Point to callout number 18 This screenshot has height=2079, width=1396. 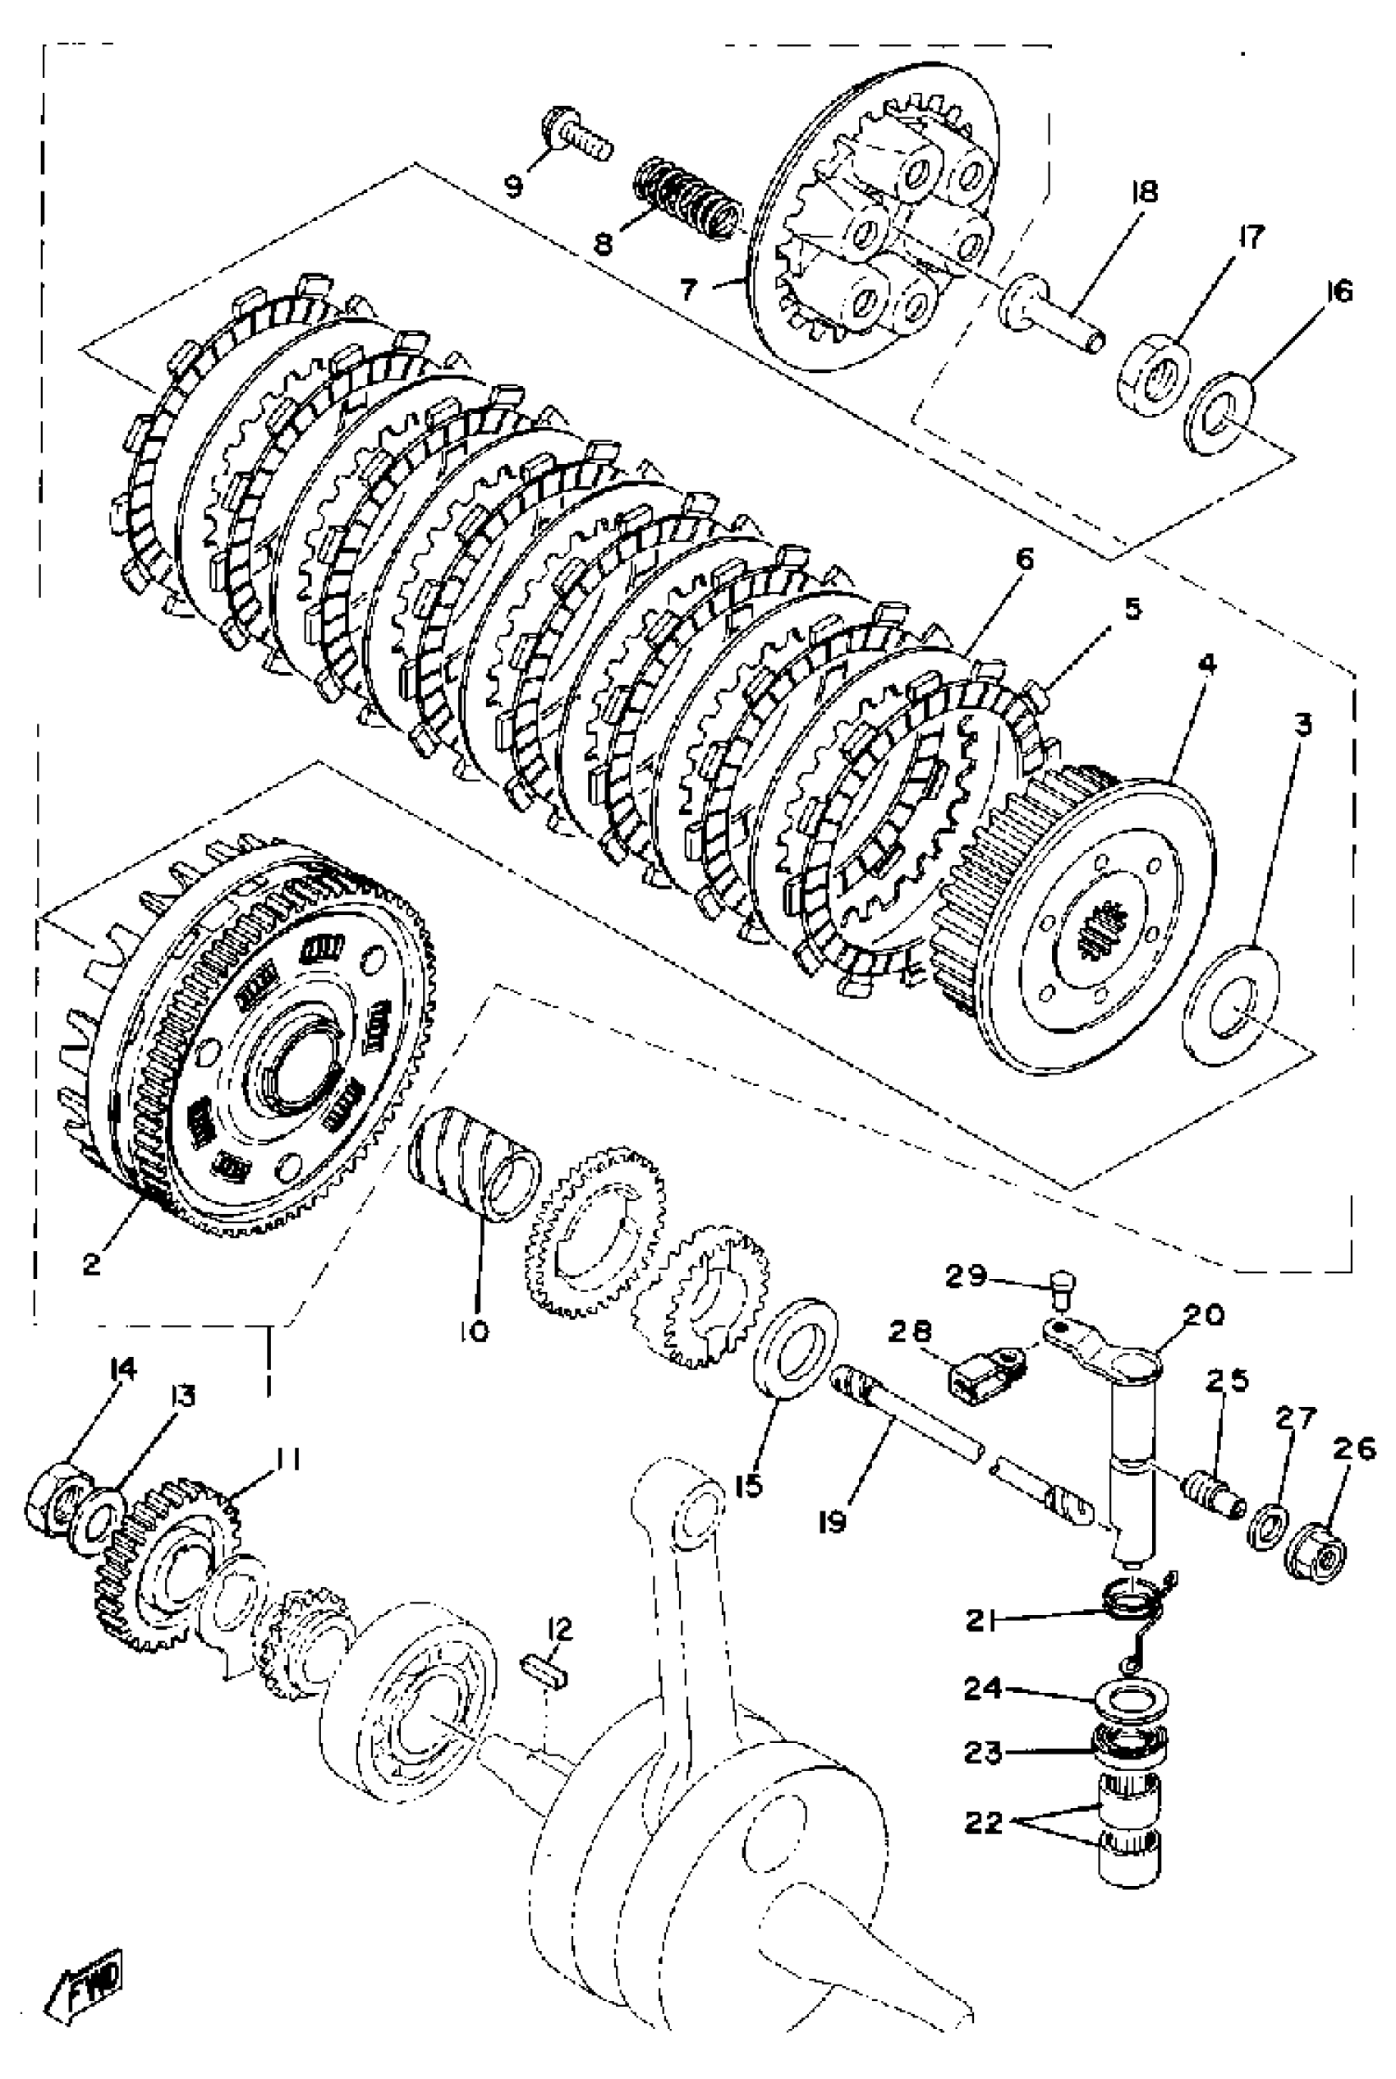click(1144, 192)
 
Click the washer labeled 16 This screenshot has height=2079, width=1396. click(1219, 412)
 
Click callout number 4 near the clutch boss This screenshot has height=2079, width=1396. click(1207, 664)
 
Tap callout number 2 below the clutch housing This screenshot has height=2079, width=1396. click(92, 1263)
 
